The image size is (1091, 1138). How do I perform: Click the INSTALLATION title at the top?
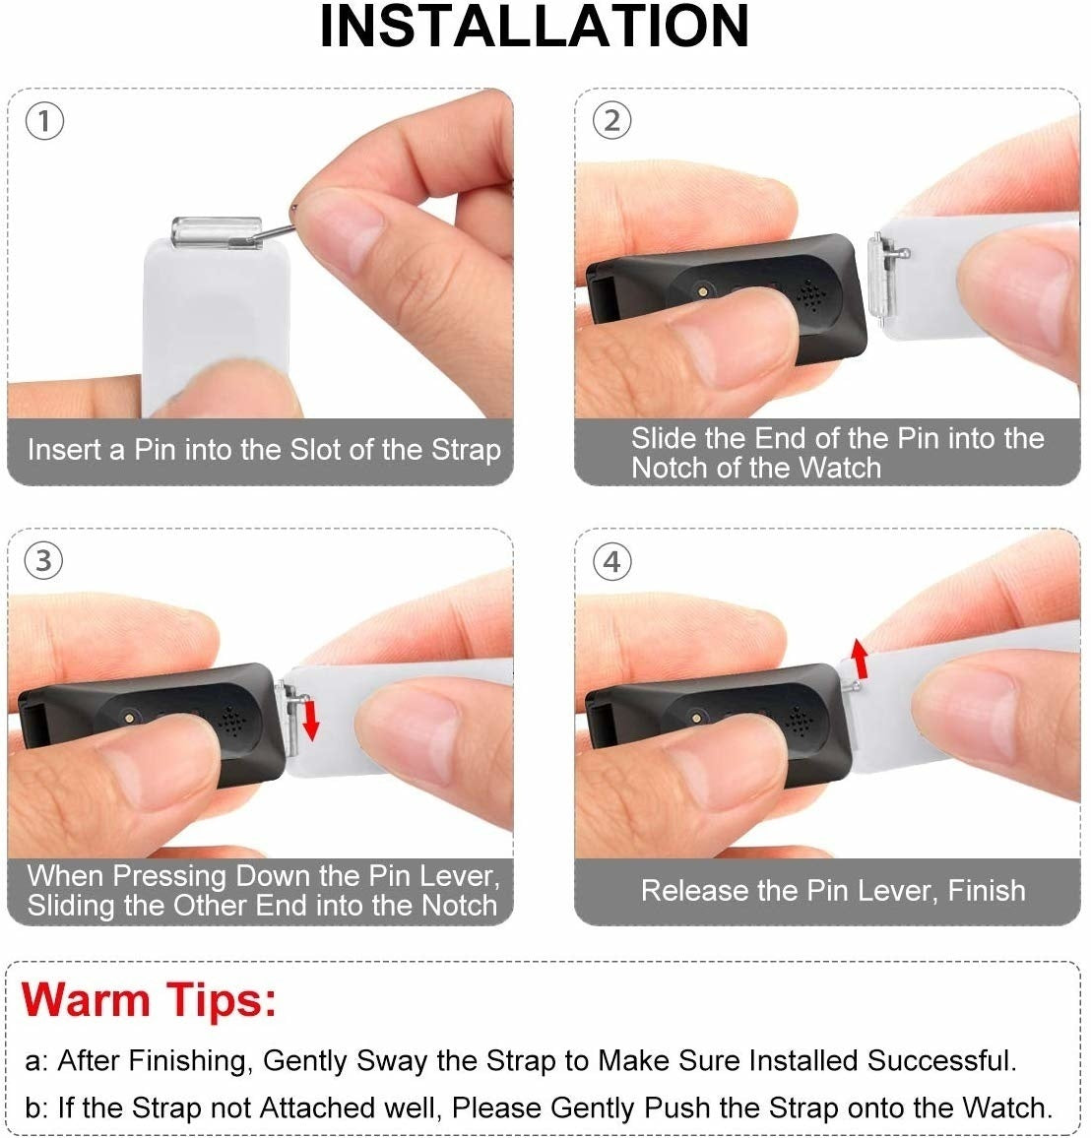(535, 28)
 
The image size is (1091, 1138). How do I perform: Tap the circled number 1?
(44, 121)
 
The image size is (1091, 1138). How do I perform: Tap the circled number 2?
(611, 121)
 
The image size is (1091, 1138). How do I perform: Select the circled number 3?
(44, 561)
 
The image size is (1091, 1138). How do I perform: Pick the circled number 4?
(611, 561)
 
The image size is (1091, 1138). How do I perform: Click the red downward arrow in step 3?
(311, 720)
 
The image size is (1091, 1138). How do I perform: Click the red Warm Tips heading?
(149, 999)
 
